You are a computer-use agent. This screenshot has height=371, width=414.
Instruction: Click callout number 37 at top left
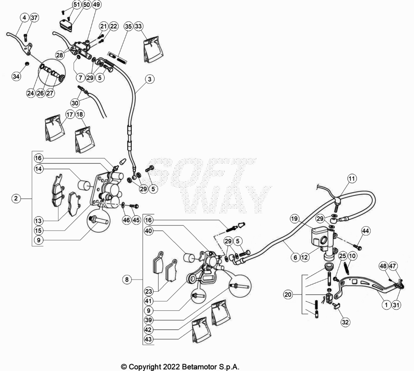34,18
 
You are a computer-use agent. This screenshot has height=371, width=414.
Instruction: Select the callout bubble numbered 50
87,5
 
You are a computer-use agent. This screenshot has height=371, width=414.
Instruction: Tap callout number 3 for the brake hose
150,79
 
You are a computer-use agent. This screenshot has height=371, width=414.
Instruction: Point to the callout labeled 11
352,179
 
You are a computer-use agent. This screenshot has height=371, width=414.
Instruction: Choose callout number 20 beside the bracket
288,295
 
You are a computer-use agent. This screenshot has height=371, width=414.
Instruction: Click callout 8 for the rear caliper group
127,279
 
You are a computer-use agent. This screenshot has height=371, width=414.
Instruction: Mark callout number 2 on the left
16,198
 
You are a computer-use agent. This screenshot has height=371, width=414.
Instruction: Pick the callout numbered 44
365,231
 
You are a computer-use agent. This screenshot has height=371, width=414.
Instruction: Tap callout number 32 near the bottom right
345,322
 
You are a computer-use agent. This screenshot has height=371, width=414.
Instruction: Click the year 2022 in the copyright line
171,367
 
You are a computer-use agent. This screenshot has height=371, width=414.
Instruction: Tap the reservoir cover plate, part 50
65,25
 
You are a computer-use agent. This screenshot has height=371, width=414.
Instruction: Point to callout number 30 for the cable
75,103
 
